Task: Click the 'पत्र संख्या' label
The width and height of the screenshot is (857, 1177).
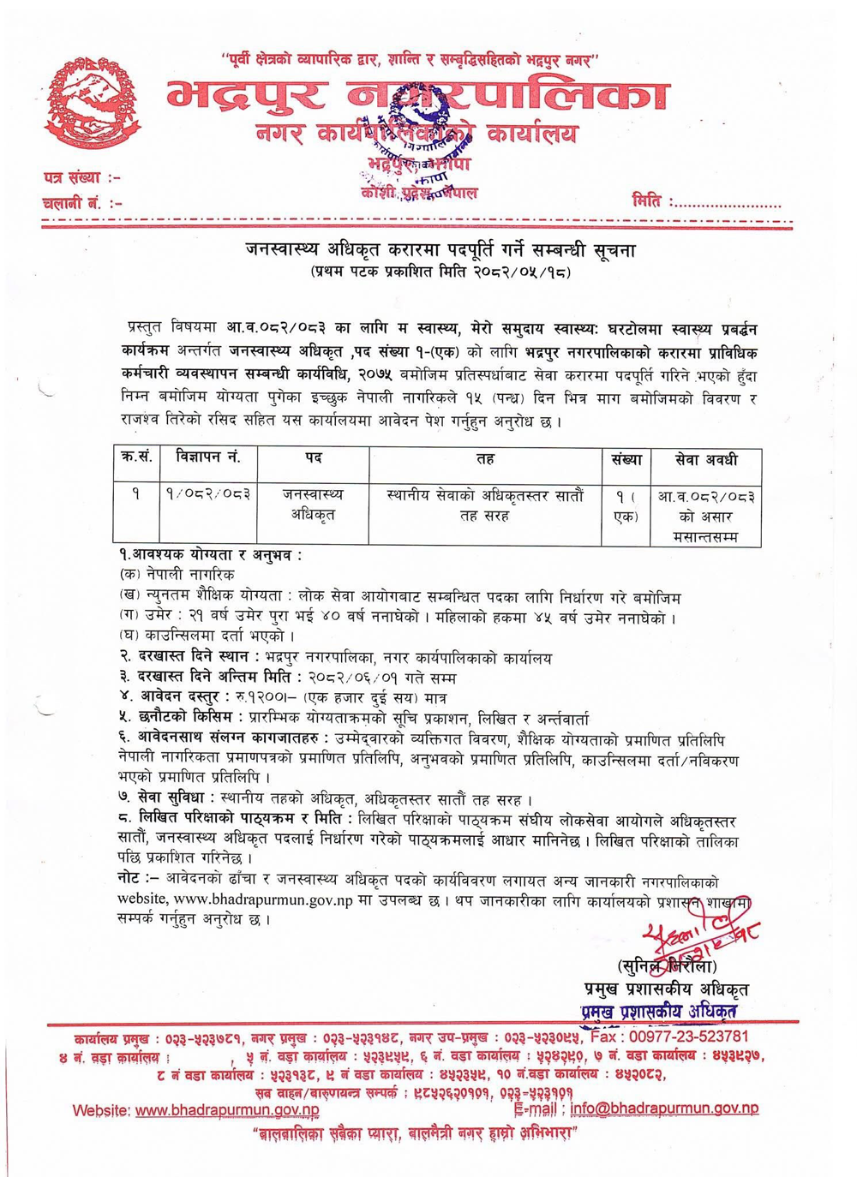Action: [81, 178]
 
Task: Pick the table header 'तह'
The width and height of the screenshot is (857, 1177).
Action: [484, 460]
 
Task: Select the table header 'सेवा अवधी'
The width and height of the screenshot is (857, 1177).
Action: [705, 460]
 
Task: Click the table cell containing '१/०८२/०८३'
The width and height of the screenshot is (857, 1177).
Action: [208, 496]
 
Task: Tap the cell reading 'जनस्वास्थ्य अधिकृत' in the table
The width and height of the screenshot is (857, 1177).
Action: [312, 505]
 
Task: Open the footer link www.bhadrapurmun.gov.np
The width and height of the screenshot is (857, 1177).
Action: [227, 1110]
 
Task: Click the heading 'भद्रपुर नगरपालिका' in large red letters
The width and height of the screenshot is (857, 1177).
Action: [417, 96]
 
